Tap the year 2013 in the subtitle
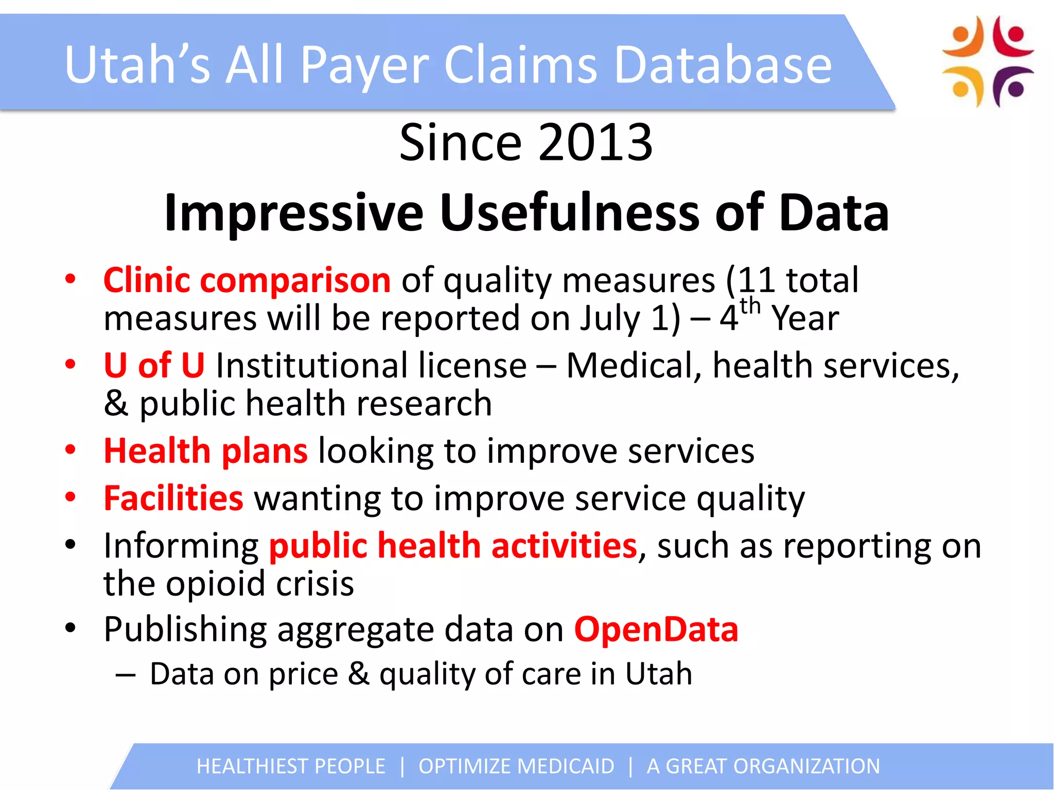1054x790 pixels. pos(595,142)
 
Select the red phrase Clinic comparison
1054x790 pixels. pos(247,280)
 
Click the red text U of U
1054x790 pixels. pos(154,365)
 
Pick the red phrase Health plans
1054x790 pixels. pos(206,451)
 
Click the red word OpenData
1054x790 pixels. pos(656,629)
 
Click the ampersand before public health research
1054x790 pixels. pos(116,403)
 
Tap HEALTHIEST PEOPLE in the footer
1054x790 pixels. pos(291,766)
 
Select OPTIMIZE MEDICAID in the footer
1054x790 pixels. pos(516,766)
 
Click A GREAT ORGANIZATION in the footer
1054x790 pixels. pos(763,766)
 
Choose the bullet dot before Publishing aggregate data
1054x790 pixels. pos(71,628)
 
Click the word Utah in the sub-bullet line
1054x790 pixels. pos(659,673)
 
